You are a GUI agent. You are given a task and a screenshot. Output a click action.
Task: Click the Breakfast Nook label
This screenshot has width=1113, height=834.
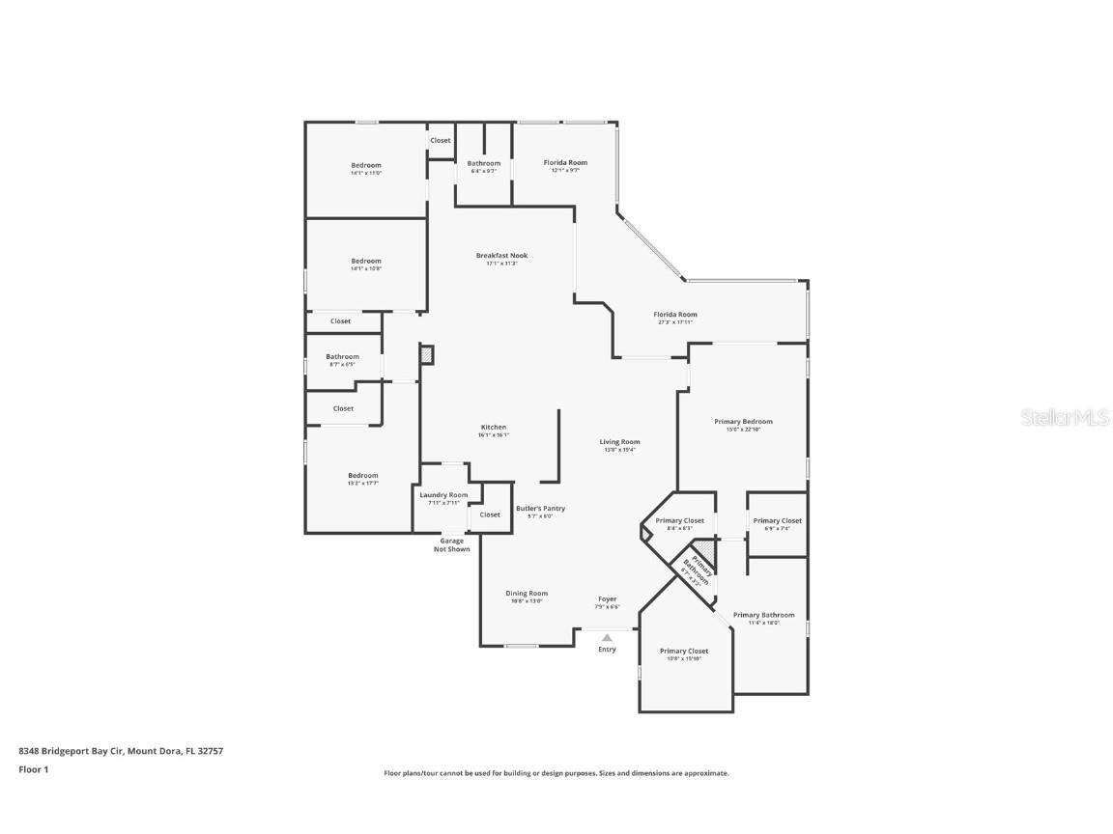(501, 257)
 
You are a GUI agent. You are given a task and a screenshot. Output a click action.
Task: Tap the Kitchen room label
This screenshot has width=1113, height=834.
(493, 429)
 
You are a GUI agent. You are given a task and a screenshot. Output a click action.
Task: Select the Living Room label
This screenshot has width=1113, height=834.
(619, 443)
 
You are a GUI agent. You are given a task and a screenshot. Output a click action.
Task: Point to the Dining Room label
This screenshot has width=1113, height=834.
(527, 595)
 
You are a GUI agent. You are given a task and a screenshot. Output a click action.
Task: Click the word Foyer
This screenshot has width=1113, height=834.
(607, 600)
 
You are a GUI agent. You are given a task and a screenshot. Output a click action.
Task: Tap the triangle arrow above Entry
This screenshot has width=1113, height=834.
(607, 637)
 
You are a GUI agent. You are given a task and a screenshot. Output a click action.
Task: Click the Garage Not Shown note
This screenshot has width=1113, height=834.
(452, 545)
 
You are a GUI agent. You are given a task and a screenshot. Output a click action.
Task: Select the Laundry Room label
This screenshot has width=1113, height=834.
(443, 496)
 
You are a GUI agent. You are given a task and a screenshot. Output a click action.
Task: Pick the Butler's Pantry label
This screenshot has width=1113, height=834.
(540, 510)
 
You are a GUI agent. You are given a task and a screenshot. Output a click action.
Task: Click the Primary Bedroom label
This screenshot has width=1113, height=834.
(743, 423)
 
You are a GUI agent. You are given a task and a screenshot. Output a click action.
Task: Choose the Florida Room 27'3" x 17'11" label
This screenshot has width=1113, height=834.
(675, 316)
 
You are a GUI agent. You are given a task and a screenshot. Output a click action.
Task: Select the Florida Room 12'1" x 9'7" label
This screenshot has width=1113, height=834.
(565, 164)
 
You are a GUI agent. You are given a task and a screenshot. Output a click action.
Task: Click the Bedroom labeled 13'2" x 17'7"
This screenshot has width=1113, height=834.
(363, 477)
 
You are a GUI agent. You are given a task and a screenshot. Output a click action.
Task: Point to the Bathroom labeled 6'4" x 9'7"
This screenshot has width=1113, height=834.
(484, 165)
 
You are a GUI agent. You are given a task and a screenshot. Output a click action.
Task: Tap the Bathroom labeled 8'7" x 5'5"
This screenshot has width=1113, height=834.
(342, 358)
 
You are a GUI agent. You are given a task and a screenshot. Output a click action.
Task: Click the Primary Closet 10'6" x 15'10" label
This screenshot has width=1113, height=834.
(684, 653)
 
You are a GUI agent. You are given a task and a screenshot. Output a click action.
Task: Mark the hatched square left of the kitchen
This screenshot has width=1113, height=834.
(426, 355)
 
